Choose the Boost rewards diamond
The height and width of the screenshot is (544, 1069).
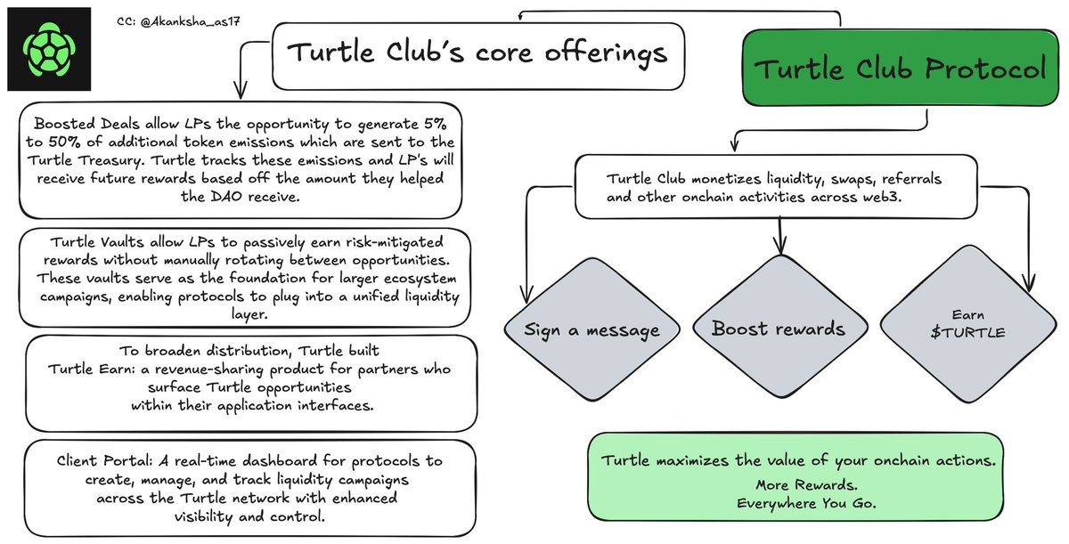click(x=778, y=329)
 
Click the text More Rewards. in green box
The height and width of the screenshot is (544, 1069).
click(x=795, y=486)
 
